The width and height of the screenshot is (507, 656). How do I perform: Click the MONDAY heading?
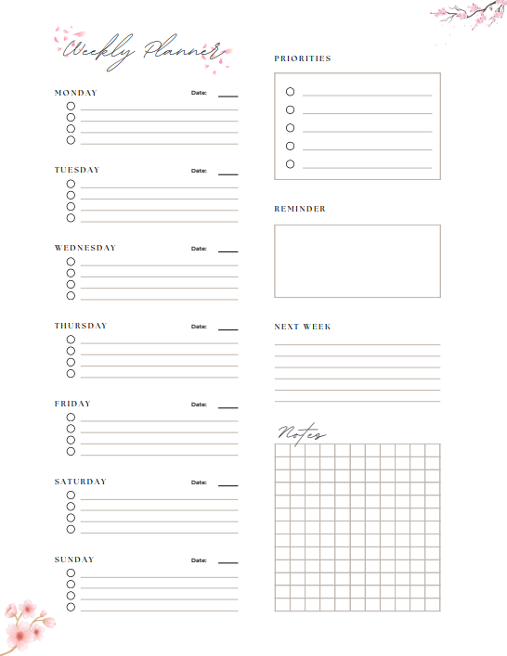(75, 93)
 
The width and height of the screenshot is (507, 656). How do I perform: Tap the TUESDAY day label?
(76, 170)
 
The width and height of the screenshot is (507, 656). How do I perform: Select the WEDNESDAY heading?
(84, 248)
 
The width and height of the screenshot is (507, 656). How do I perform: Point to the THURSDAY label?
(80, 326)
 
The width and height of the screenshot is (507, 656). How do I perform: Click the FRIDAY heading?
(71, 404)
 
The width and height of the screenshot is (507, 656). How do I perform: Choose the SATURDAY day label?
(80, 482)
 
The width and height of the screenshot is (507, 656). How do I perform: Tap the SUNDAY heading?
(73, 560)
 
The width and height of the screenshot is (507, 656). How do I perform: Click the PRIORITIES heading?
(302, 58)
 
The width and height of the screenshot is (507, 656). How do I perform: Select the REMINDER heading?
(299, 209)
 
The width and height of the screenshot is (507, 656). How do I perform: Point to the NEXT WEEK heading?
(302, 327)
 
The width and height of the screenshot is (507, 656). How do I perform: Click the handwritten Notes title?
(301, 433)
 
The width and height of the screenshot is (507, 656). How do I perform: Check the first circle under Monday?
(71, 106)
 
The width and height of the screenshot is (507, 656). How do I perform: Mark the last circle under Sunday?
(71, 607)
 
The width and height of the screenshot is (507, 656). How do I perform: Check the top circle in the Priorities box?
(290, 91)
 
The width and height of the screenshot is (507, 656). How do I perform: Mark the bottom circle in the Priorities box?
(290, 164)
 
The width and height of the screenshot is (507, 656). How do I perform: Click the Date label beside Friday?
(199, 405)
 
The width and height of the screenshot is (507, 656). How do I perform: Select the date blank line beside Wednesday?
(227, 251)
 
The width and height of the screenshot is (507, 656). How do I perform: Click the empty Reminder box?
(357, 261)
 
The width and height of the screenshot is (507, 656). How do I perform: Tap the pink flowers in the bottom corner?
(25, 624)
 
